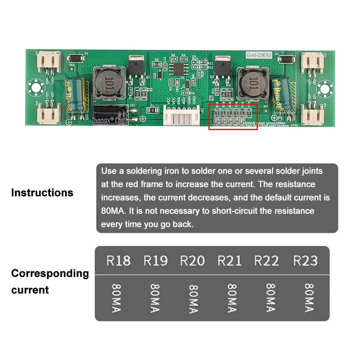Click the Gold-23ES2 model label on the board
258,55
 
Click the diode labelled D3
287,58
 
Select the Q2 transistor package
222,65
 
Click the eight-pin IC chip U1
178,68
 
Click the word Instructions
42,193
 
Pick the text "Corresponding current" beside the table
50,282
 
